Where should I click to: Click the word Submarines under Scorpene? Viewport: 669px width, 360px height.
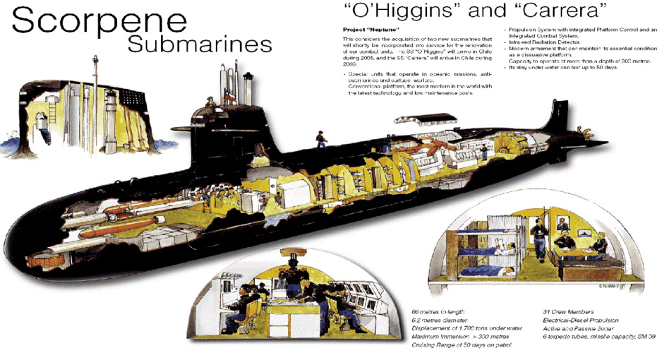pyautogui.click(x=199, y=44)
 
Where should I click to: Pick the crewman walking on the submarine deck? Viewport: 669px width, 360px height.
pyautogui.click(x=321, y=139)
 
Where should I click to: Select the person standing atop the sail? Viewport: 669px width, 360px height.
pyautogui.click(x=210, y=103)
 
